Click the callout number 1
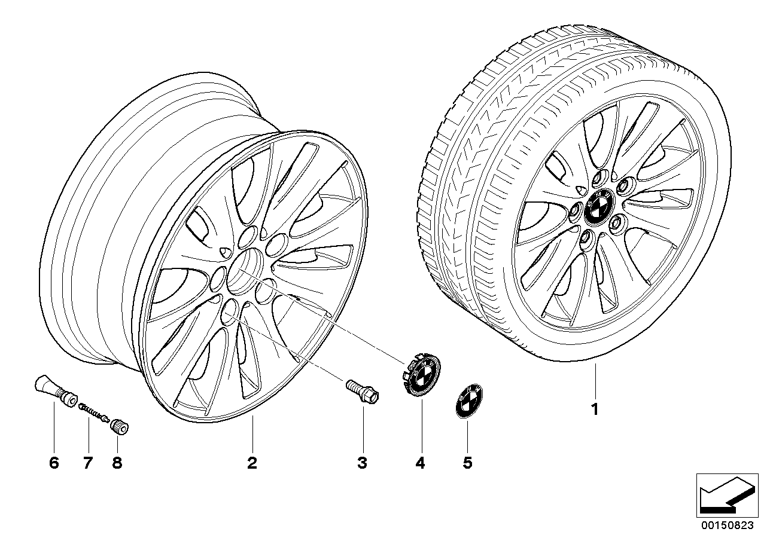coord(595,409)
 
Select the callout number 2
coord(252,463)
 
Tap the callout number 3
coord(363,463)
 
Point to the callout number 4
coord(420,463)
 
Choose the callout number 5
coord(467,463)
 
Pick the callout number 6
coord(54,463)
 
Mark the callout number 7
coord(88,463)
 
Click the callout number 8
coord(117,463)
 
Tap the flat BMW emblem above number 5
coord(469,401)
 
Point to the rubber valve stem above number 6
coord(56,391)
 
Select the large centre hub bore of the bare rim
coord(245,271)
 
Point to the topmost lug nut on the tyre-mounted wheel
coord(599,177)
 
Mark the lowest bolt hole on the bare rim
coord(230,312)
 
